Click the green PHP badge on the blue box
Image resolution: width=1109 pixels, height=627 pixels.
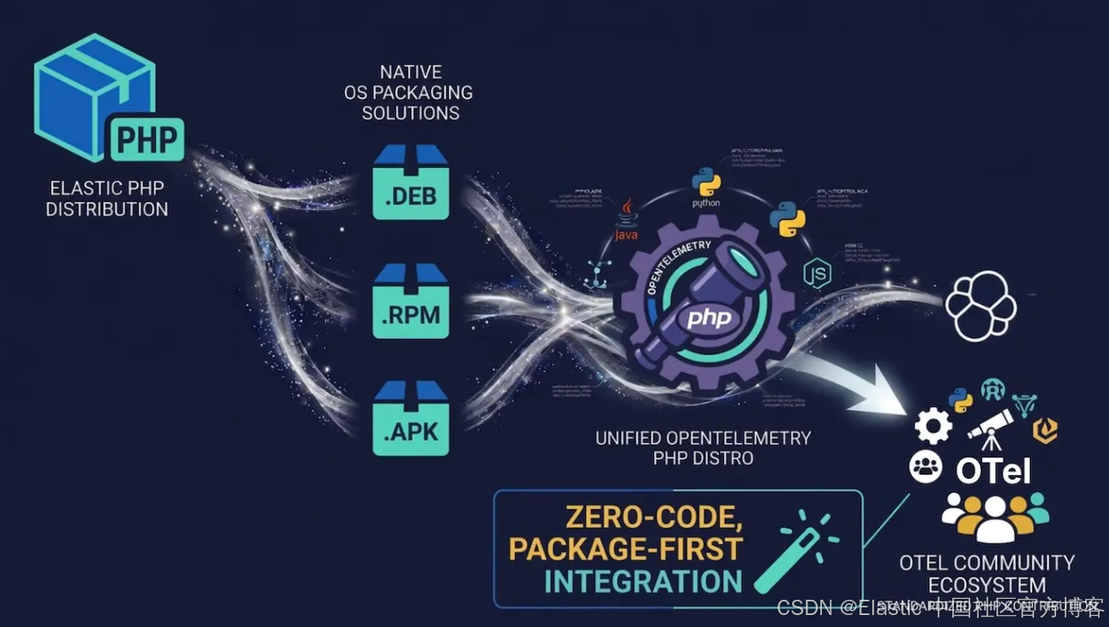click(147, 140)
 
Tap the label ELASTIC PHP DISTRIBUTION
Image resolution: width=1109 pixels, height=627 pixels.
click(107, 198)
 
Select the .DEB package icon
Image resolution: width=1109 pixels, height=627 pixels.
click(411, 182)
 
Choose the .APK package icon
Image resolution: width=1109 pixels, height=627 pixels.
click(411, 418)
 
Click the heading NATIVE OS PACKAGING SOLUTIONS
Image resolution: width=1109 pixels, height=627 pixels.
click(411, 93)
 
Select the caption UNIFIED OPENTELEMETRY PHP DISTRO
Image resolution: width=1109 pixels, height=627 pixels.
click(703, 448)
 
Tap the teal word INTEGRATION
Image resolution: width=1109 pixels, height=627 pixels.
click(643, 582)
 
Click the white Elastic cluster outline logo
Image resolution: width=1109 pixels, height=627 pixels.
click(981, 306)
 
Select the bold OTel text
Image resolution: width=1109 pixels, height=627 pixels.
click(993, 470)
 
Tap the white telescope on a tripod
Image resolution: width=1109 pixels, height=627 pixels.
click(990, 429)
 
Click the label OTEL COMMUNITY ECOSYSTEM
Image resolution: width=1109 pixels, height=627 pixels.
click(987, 573)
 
